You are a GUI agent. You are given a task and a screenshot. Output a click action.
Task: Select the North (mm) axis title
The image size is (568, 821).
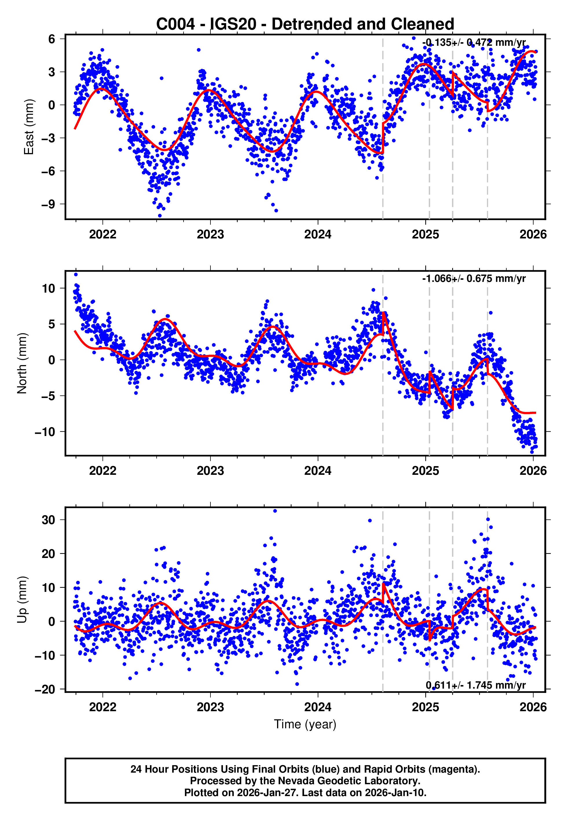(22, 363)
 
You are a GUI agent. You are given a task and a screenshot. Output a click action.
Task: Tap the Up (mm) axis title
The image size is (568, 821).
(22, 600)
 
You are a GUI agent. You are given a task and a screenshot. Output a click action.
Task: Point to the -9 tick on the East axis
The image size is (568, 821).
(48, 204)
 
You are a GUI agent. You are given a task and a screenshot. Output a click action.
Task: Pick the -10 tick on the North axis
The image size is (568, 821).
(45, 432)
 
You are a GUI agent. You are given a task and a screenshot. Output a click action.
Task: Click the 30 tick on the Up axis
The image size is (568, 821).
(48, 520)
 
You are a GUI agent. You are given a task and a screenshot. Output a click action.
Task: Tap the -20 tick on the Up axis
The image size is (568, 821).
(45, 689)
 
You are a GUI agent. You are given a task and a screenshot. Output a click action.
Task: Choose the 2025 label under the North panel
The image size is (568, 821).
(425, 471)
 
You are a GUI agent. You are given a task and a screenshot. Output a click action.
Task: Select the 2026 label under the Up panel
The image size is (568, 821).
(533, 707)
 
